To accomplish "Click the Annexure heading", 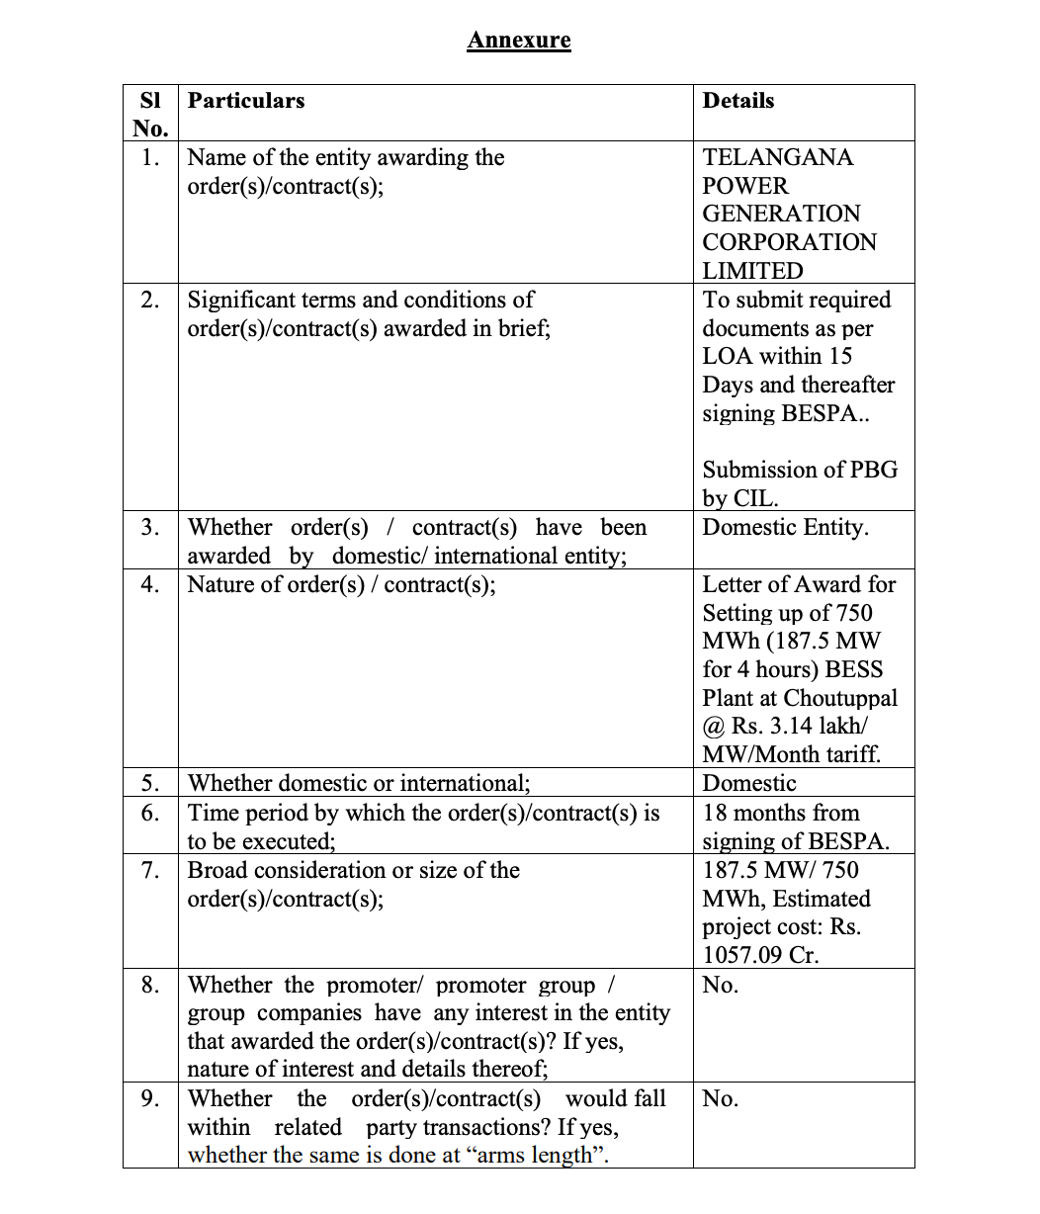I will point(519,41).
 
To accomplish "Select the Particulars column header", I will point(246,101).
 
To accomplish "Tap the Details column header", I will point(738,101).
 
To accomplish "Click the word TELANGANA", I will point(778,158).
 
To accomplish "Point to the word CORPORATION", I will point(789,242).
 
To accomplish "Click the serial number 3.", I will point(150,528).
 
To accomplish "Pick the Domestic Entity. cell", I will point(786,528).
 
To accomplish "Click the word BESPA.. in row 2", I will point(825,413).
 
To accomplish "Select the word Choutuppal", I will point(840,698).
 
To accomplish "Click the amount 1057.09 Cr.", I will point(760,956).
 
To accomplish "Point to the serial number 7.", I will point(150,871).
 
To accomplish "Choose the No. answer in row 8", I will point(721,986).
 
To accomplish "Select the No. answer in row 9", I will point(721,1099).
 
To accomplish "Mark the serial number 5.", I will point(150,784).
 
